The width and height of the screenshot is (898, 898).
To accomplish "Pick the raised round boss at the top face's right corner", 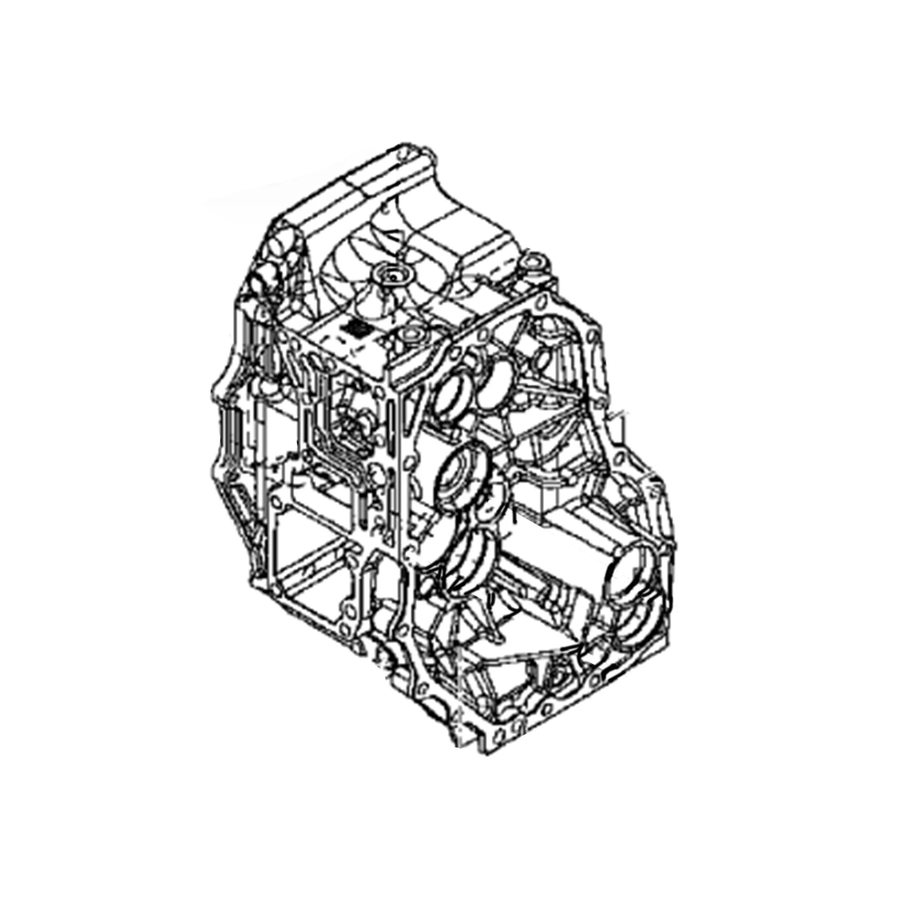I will [x=533, y=263].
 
